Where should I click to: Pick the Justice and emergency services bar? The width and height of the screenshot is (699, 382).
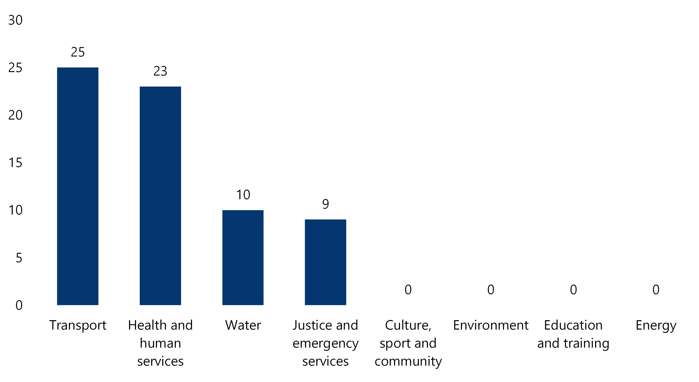325,262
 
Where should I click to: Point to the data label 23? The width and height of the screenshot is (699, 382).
160,71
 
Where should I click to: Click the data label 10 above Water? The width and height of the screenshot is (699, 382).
243,194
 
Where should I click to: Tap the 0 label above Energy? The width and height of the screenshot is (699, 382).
656,290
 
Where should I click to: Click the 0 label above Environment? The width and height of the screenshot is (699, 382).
491,290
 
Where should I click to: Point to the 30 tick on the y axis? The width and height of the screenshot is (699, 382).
15,20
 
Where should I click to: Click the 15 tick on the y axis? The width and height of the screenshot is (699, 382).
15,163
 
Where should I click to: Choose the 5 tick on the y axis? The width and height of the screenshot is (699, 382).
19,258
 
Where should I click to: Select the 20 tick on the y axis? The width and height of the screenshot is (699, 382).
15,115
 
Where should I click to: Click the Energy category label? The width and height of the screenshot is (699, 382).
656,325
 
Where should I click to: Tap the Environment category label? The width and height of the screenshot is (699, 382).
491,325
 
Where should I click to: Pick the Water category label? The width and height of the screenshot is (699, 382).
243,325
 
